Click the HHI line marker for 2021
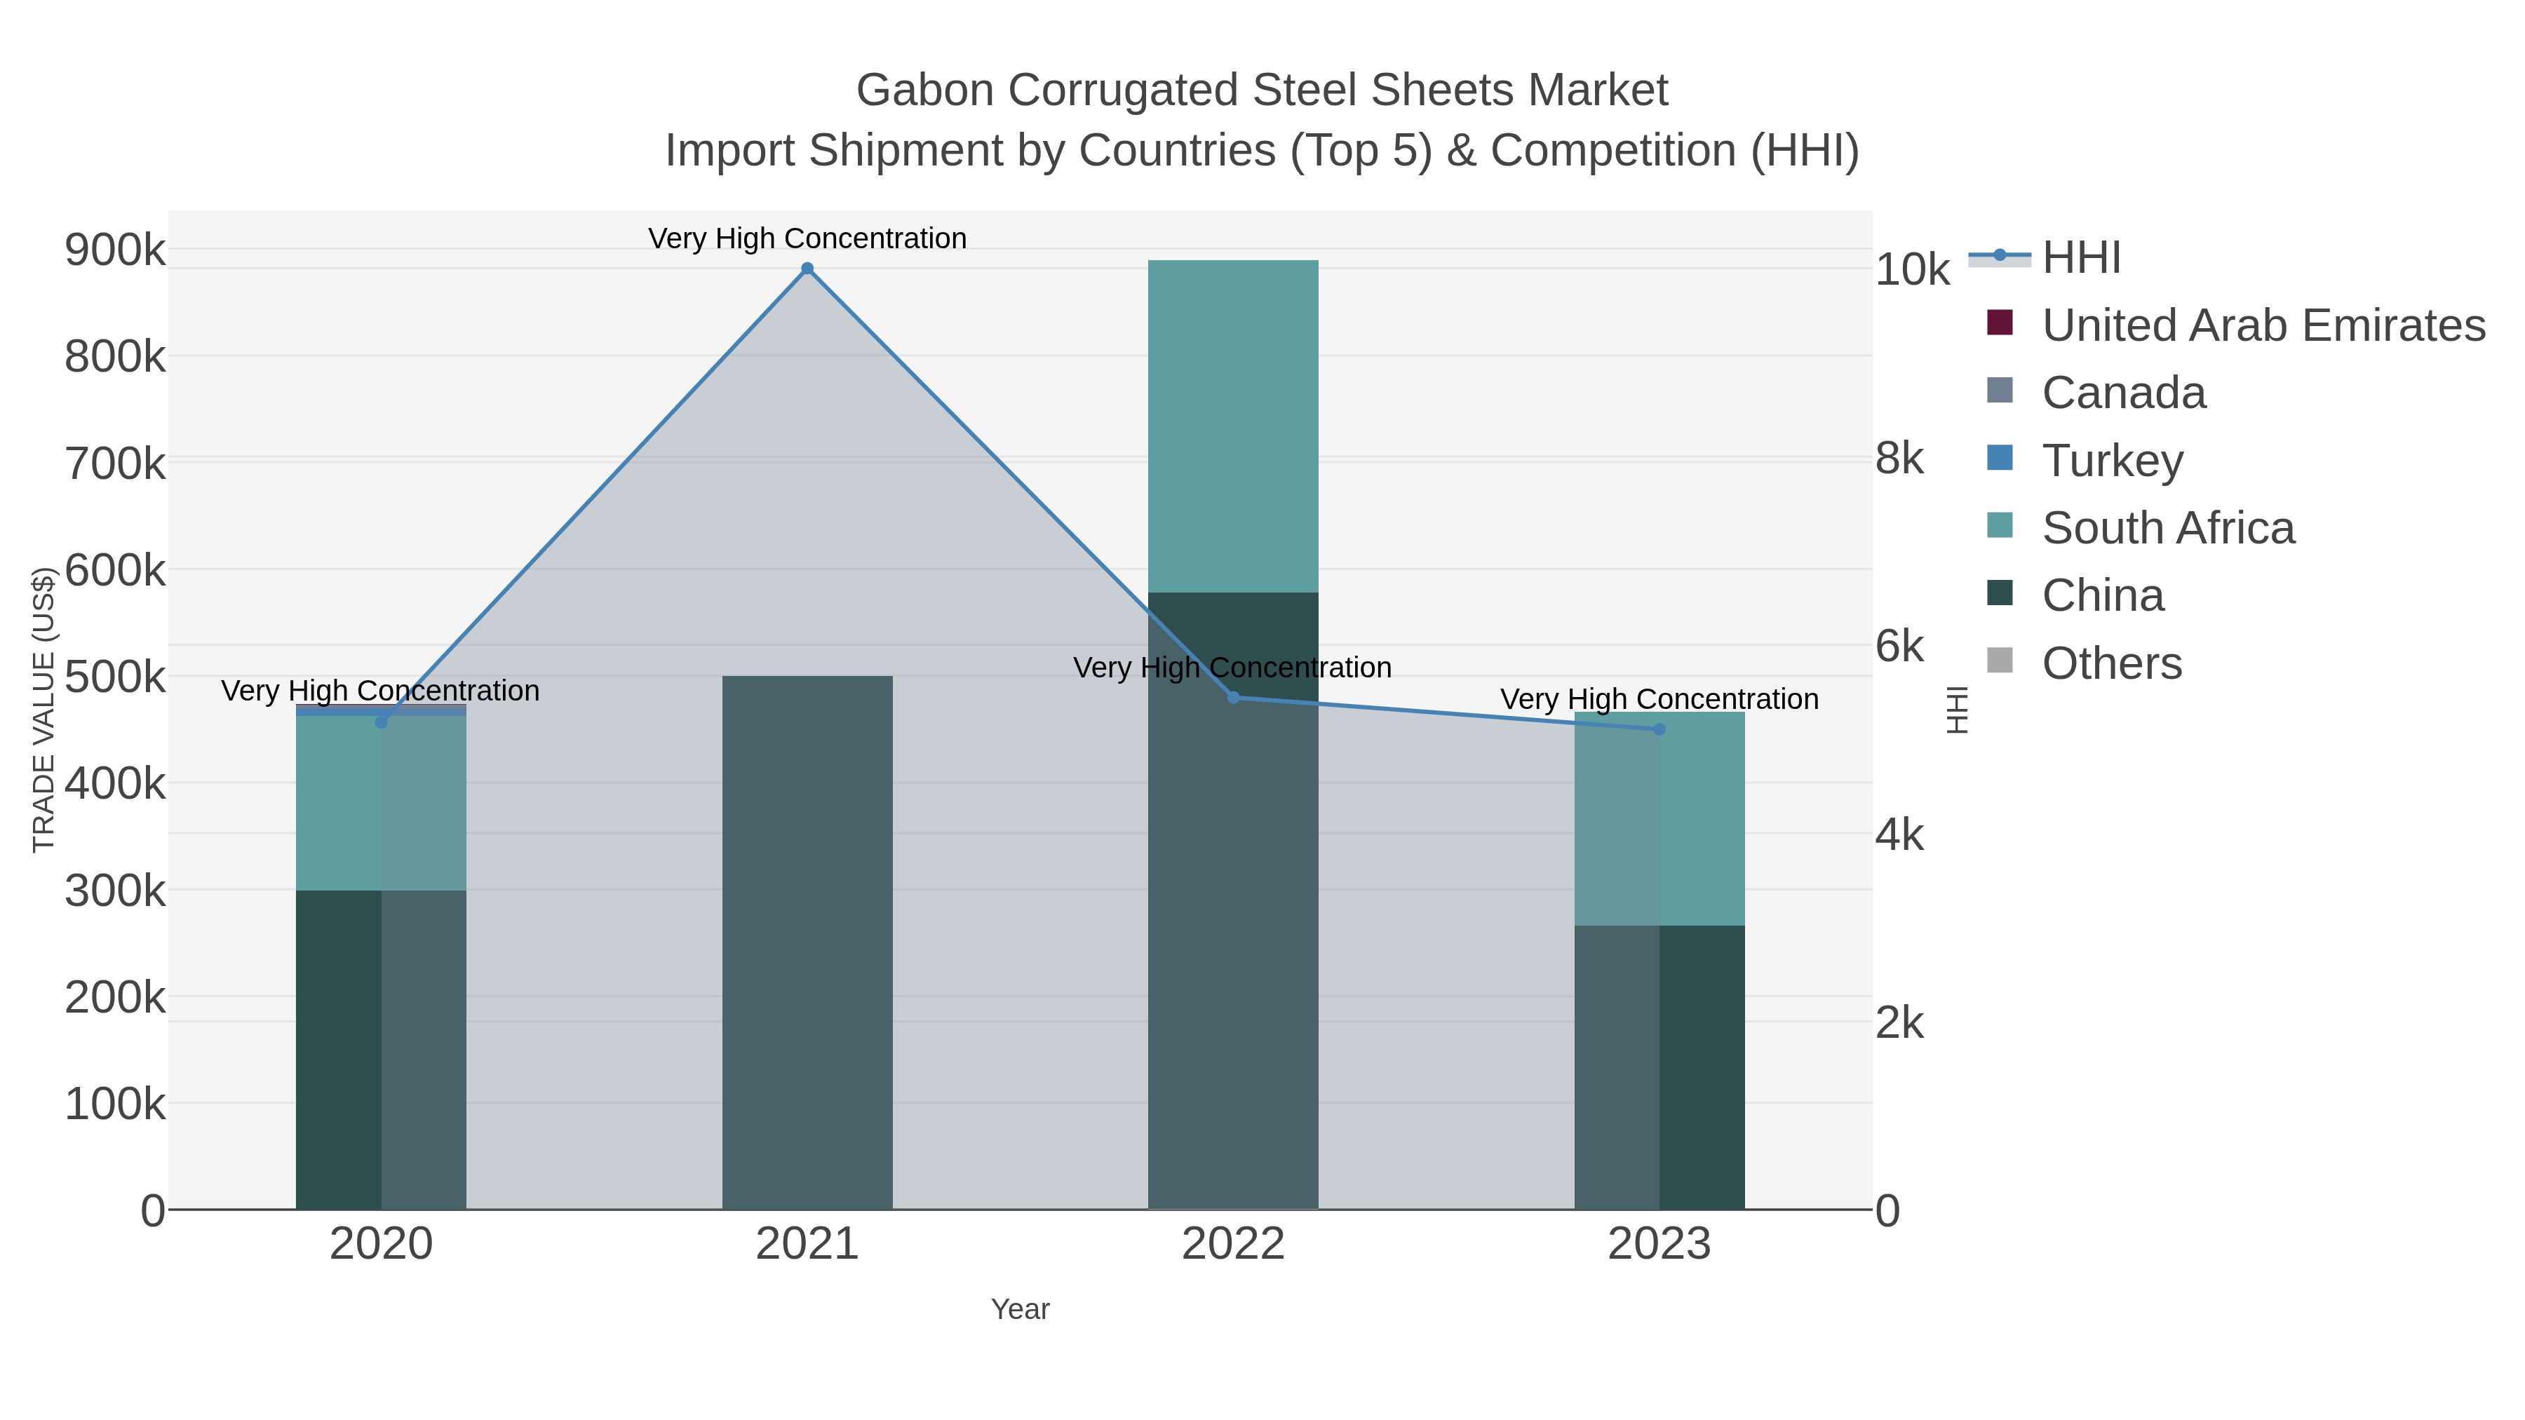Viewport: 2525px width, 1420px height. coord(807,269)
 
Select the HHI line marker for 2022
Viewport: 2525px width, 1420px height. coord(1233,698)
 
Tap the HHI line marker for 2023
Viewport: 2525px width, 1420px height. coord(1659,729)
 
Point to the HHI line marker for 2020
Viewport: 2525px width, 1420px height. coord(382,722)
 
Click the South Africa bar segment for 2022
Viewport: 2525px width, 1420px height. coord(1233,426)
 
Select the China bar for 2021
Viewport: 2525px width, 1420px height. coord(807,941)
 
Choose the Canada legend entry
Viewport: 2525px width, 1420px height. coord(2123,393)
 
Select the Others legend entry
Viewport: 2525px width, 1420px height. coord(2111,663)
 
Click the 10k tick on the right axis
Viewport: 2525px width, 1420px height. coord(1911,269)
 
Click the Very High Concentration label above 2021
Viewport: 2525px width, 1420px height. coord(807,238)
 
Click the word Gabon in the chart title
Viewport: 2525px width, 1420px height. coord(924,90)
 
